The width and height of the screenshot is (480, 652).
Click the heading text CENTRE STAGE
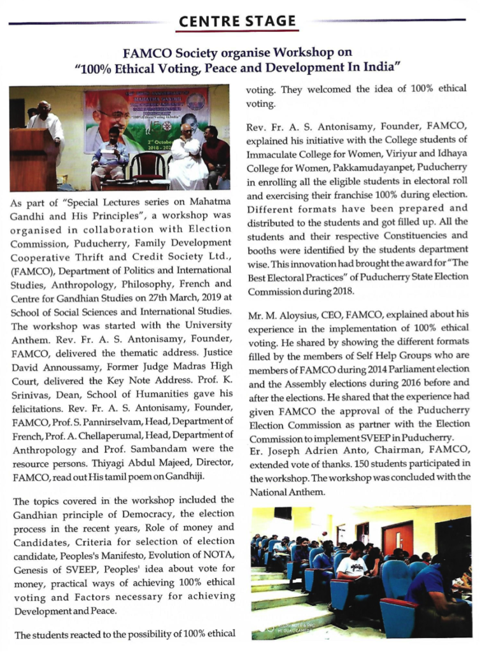coord(237,22)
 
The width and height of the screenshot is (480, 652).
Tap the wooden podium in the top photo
coord(33,159)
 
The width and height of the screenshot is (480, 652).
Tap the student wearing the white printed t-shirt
coord(352,566)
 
